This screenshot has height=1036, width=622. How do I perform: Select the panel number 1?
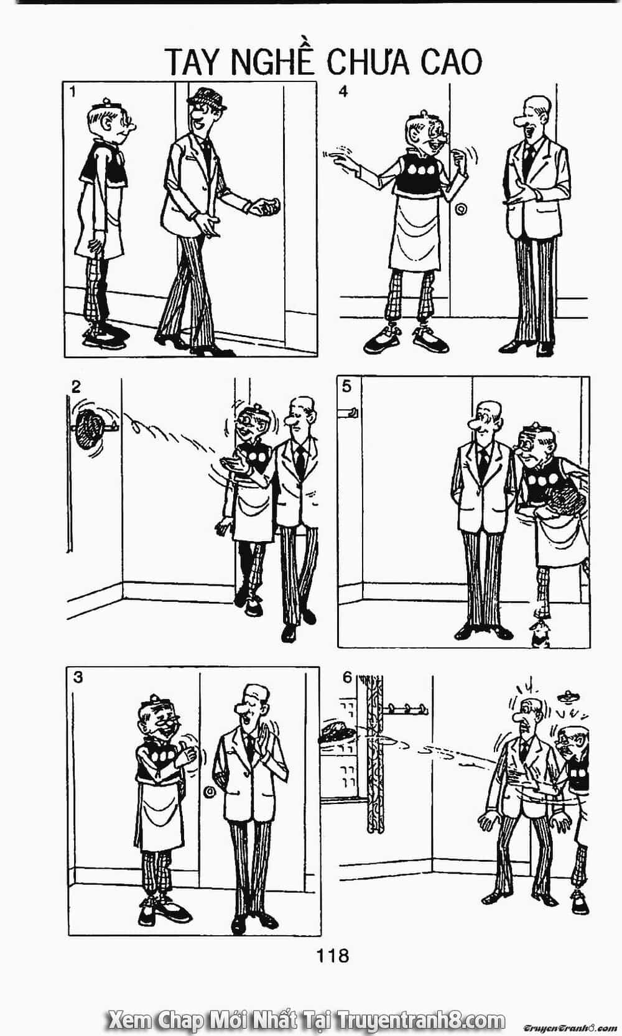click(x=73, y=93)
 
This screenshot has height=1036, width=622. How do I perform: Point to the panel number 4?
click(x=343, y=92)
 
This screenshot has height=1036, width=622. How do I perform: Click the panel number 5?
click(x=347, y=386)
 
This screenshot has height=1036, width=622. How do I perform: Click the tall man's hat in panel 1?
click(x=207, y=98)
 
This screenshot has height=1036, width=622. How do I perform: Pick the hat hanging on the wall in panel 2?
click(x=89, y=428)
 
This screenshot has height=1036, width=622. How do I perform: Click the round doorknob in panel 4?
click(x=461, y=210)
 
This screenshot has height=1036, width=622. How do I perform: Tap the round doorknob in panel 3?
click(x=210, y=792)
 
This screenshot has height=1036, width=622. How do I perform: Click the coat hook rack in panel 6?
click(x=405, y=708)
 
